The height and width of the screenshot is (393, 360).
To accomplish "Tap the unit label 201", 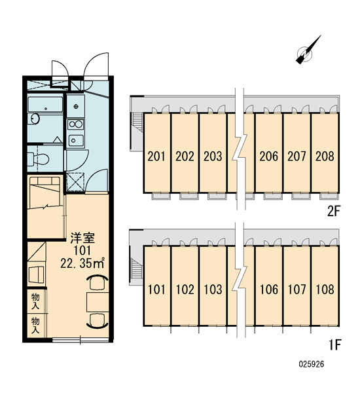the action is [x=156, y=156].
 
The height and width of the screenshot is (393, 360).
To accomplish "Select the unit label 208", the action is [x=325, y=156].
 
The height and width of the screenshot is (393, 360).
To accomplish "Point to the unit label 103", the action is [x=213, y=290].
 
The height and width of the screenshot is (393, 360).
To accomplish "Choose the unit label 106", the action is [x=269, y=290].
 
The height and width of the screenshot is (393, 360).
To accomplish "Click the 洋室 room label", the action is [x=82, y=238].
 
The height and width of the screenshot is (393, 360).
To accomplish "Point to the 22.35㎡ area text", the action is [x=82, y=263].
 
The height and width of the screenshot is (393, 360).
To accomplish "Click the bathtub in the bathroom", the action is [x=45, y=104].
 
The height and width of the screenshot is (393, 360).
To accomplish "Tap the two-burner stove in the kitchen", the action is [x=76, y=124].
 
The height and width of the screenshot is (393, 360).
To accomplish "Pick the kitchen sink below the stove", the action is [x=76, y=140].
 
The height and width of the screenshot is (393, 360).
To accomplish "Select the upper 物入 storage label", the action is [x=35, y=302].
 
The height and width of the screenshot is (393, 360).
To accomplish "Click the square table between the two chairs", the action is [x=98, y=302].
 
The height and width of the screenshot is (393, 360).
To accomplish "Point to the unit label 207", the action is [x=297, y=156].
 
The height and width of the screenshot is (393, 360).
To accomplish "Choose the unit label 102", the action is [x=185, y=290].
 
